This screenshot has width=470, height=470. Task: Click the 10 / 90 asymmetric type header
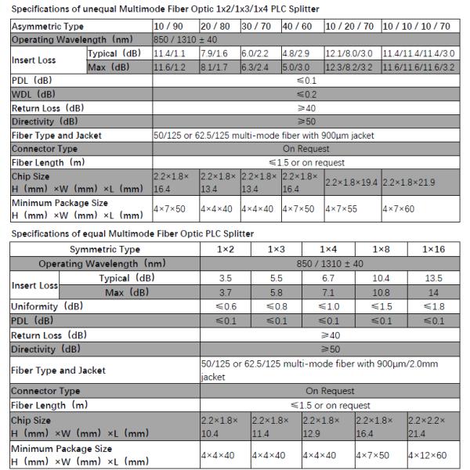(167, 27)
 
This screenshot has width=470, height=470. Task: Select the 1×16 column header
(433, 249)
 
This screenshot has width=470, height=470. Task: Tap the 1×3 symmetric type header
(277, 249)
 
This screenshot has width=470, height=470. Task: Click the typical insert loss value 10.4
(382, 278)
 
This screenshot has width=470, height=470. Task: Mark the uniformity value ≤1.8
(433, 306)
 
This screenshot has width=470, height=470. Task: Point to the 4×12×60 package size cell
(433, 454)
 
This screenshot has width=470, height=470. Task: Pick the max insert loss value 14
(433, 292)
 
